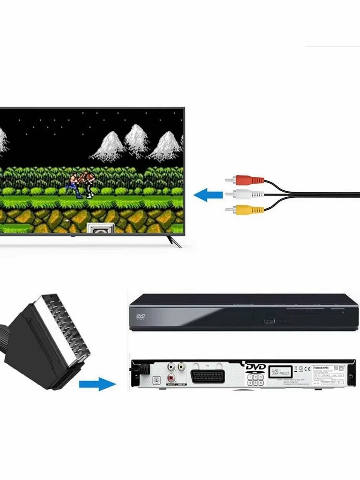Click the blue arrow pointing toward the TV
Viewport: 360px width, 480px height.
(208, 195)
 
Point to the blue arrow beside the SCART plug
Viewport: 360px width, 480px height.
(97, 385)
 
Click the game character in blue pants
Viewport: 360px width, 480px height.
(74, 185)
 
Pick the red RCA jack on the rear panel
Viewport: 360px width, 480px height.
(171, 377)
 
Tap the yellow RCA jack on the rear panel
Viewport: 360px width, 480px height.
(182, 366)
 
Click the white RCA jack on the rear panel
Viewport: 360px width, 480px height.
(171, 366)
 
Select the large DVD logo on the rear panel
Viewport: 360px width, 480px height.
(256, 367)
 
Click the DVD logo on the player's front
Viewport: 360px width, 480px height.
(141, 318)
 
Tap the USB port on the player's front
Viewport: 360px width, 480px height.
(269, 321)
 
